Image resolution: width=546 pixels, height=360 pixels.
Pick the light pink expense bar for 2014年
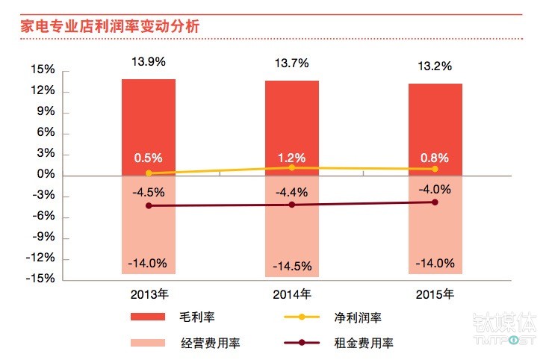tap(291, 239)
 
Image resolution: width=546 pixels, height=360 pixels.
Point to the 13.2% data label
tap(435, 66)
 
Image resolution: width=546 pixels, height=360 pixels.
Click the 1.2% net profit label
tap(292, 158)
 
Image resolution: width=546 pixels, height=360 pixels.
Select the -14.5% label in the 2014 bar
tap(292, 266)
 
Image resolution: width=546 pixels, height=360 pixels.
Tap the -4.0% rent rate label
tap(435, 188)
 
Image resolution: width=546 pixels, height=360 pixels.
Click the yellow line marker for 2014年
tap(292, 167)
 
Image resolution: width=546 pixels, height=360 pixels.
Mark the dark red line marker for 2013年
tap(149, 205)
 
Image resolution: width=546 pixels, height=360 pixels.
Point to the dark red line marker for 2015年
tap(435, 202)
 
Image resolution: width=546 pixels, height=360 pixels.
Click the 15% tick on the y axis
tap(44, 70)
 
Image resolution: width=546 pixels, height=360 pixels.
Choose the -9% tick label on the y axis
tap(43, 238)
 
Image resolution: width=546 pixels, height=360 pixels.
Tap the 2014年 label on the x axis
tap(292, 294)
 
